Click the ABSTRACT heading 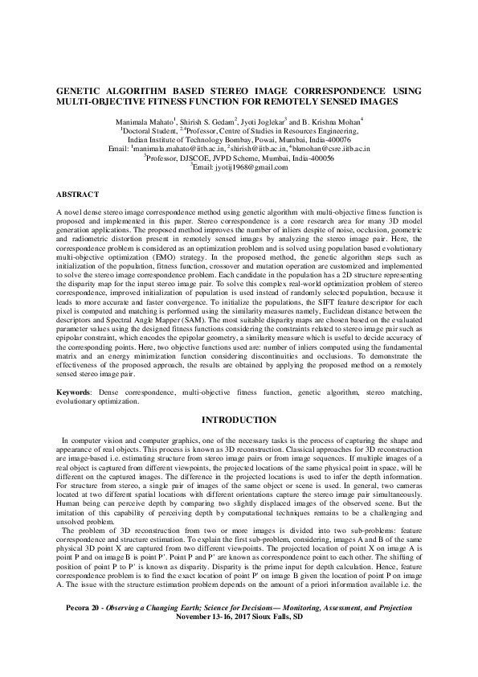78,195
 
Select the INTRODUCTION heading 239,420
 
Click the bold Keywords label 73,391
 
